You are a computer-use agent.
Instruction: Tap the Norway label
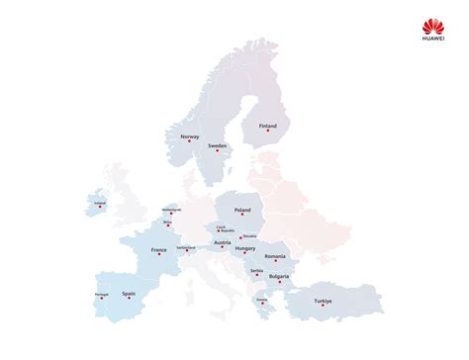[x=191, y=136]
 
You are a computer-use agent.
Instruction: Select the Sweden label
[x=218, y=145]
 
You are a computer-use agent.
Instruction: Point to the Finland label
[x=267, y=126]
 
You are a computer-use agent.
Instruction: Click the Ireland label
[x=99, y=205]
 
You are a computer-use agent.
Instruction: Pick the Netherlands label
[x=171, y=209]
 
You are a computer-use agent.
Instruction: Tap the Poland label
[x=242, y=210]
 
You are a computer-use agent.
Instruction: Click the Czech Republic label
[x=226, y=228]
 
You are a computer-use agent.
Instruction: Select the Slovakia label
[x=248, y=235]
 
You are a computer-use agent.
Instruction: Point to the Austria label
[x=223, y=242]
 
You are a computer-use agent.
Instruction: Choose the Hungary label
[x=245, y=248]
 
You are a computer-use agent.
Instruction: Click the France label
[x=159, y=250]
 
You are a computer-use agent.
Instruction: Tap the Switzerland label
[x=186, y=248]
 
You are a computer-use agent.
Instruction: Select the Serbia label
[x=256, y=270]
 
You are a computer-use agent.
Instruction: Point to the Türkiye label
[x=323, y=300]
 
